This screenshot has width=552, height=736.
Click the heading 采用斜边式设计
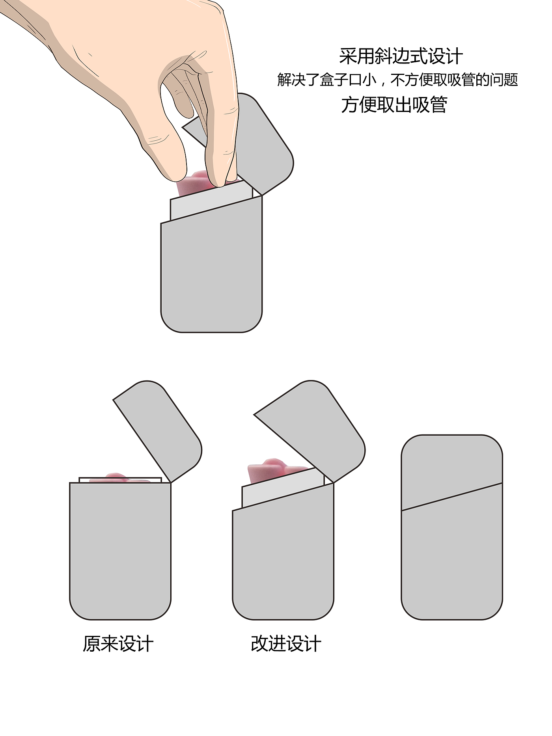(401, 56)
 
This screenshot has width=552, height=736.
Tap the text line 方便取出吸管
(394, 105)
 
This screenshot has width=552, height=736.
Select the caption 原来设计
(118, 644)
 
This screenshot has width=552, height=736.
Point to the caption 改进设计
(286, 644)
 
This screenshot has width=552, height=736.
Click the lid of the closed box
(452, 469)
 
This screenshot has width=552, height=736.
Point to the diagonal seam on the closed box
(452, 497)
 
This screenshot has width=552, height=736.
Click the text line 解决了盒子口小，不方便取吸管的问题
(397, 80)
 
